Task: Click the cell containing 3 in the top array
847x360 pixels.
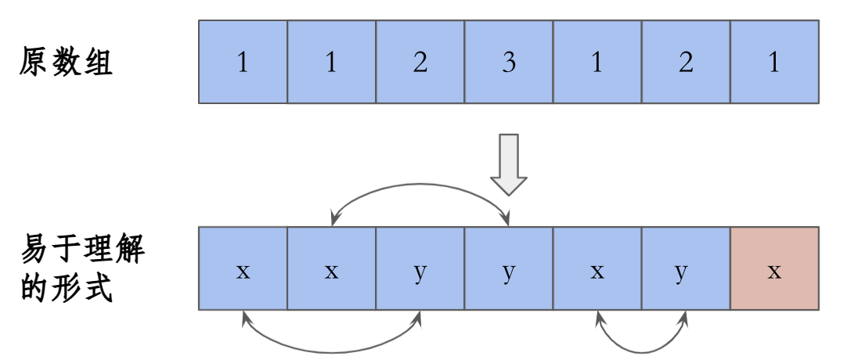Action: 509,63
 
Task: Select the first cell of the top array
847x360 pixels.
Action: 243,63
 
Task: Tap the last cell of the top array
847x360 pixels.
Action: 774,63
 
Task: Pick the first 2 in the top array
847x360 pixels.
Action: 420,63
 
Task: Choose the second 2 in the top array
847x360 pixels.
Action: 686,63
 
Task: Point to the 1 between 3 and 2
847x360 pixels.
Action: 597,63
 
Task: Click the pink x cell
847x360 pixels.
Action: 774,269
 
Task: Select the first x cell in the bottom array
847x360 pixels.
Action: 243,269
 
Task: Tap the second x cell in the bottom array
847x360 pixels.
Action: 331,269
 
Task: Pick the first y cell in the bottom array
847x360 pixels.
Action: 420,269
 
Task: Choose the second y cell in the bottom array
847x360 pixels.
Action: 509,269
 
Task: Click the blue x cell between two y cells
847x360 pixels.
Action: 597,269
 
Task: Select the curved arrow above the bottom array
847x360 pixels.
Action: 420,186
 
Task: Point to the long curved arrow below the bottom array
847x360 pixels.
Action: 332,347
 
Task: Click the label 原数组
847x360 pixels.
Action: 67,63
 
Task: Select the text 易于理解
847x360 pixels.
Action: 82,253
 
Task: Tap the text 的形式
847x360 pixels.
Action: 67,290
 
